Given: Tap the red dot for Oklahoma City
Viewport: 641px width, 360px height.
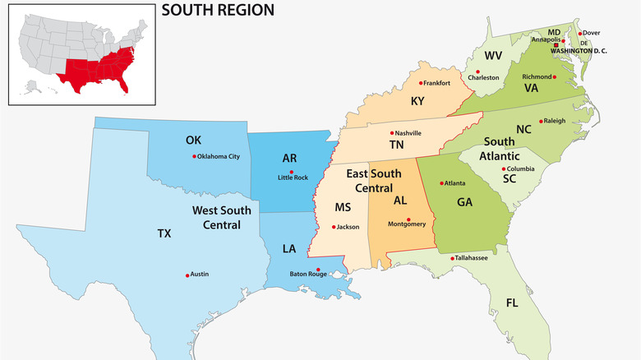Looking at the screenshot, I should click(195, 156).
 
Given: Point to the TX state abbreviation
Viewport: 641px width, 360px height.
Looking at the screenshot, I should click(164, 233).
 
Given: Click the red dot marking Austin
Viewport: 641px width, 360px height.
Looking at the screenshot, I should click(187, 275).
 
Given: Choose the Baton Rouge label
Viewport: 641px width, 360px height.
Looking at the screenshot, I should click(309, 274).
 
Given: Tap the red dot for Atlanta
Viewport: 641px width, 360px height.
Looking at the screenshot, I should click(441, 183).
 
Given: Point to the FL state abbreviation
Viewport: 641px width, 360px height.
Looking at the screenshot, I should click(512, 303).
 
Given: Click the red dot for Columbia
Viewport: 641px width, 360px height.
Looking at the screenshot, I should click(504, 169).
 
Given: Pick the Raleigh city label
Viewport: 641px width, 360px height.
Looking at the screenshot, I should click(554, 121).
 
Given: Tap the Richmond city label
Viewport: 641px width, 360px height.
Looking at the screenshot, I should click(537, 76).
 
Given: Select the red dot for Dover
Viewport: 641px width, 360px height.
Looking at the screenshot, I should click(580, 34).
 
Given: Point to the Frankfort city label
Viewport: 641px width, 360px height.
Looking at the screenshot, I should click(436, 83).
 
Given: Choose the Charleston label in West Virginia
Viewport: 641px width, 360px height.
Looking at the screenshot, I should click(484, 77).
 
